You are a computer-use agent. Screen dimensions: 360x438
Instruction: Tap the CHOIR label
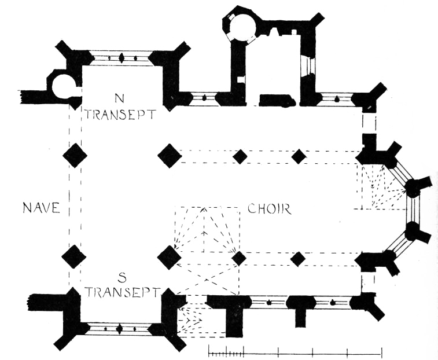[x=268, y=209]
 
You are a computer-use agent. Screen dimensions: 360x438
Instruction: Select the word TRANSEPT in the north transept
[x=120, y=113]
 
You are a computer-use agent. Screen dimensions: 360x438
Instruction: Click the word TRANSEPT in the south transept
[x=121, y=291]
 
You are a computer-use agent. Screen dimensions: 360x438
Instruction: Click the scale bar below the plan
[x=295, y=351]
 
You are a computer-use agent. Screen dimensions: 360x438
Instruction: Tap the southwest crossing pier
[x=74, y=256]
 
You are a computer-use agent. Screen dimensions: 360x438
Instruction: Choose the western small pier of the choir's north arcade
[x=240, y=156]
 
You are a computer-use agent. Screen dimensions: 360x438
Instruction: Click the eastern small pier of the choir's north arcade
[x=299, y=156]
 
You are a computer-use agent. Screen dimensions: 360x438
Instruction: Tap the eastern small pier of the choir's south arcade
[x=298, y=258]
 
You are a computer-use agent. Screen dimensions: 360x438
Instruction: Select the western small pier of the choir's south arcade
[x=239, y=258]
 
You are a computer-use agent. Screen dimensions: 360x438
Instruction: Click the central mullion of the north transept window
[x=122, y=58]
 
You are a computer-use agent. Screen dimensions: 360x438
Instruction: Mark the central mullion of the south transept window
[x=120, y=329]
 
